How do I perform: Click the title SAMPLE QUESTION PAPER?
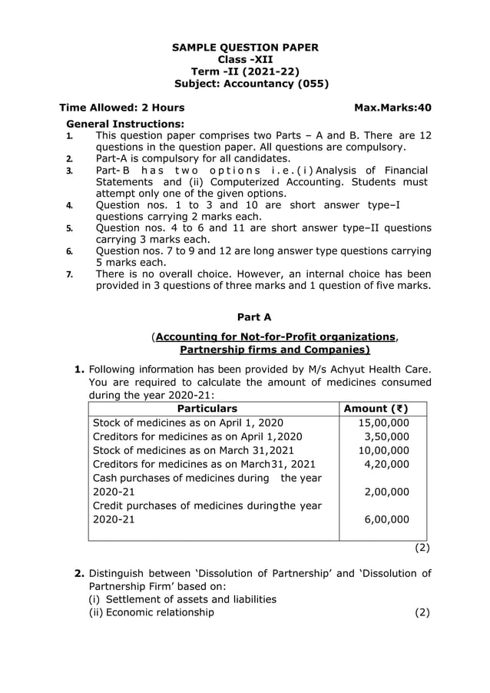[244, 48]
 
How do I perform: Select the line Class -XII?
[244, 60]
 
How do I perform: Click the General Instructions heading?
[125, 124]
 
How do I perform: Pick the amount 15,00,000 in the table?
[383, 423]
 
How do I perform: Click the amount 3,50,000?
[386, 436]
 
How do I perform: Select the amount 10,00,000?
[383, 450]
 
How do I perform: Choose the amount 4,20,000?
[386, 464]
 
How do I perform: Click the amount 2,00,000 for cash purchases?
[386, 492]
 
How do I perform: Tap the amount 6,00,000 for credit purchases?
[386, 519]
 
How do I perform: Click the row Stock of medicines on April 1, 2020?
[187, 423]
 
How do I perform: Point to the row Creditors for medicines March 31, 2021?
[204, 464]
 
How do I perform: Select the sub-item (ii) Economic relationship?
[152, 612]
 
